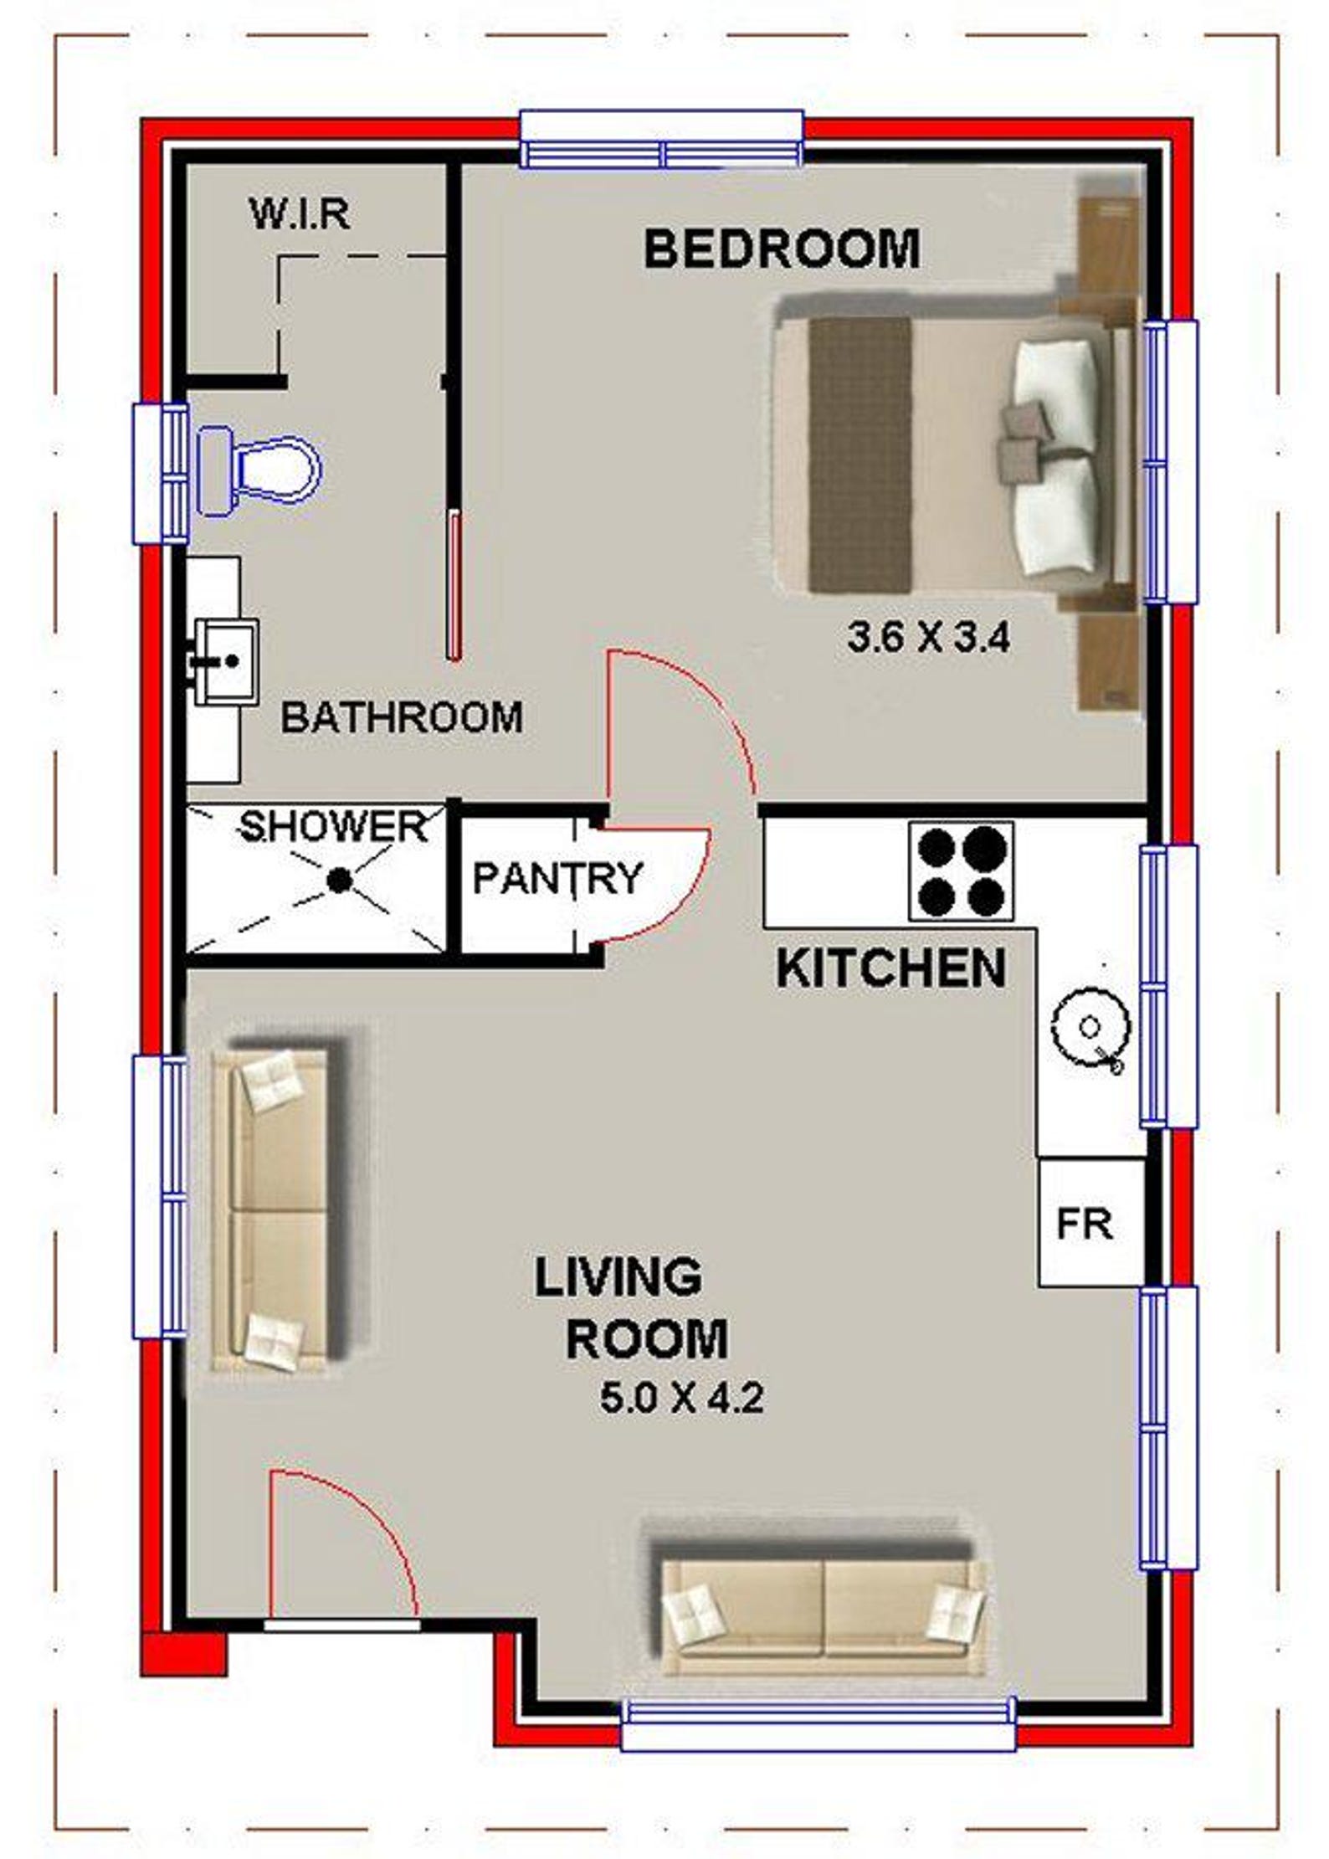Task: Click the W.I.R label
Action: pyautogui.click(x=300, y=214)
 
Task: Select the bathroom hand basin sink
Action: pyautogui.click(x=225, y=661)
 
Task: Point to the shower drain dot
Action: pyautogui.click(x=338, y=880)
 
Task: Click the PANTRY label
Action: pyautogui.click(x=557, y=878)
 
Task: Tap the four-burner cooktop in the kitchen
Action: pyautogui.click(x=961, y=871)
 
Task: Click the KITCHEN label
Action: pyautogui.click(x=891, y=968)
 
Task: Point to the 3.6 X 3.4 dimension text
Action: pyautogui.click(x=929, y=639)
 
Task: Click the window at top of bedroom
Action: pyautogui.click(x=661, y=141)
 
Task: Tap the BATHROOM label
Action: pyautogui.click(x=402, y=717)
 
